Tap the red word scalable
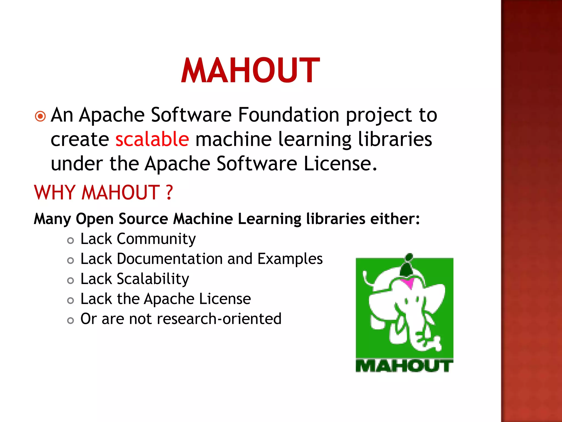coord(152,139)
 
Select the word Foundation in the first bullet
coord(288,115)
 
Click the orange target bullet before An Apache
coord(40,116)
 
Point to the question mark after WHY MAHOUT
coord(169,192)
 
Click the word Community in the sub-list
coord(156,239)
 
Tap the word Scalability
coord(153,279)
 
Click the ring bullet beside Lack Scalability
coord(71,281)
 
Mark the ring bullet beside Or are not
coord(71,320)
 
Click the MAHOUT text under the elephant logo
coord(404,366)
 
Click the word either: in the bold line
coord(395,219)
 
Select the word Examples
coord(290,259)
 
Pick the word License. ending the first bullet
coord(340,164)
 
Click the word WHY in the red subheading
coord(55,192)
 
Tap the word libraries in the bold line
coord(336,219)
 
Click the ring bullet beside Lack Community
coord(71,241)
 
